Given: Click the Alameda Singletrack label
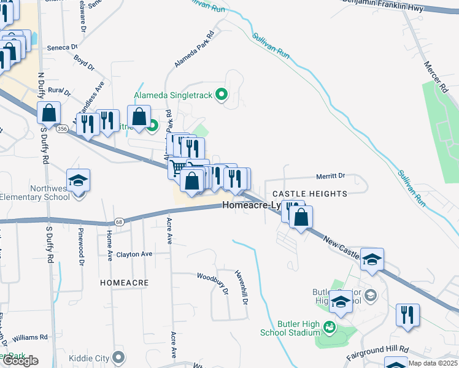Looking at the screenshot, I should tap(174, 95).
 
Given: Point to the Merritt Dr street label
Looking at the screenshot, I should tap(331, 176).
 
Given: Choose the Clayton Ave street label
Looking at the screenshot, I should tap(134, 254).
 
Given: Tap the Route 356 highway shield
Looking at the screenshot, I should tap(62, 129).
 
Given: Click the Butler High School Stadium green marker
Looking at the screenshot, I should tap(330, 326).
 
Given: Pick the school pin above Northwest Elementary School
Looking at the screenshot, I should tap(79, 181).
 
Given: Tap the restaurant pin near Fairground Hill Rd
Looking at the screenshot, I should tap(407, 315).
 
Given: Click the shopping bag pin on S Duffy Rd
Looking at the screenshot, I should tap(48, 113).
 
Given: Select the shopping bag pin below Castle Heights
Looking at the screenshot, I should tap(301, 217).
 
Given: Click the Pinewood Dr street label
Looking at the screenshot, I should tap(81, 247).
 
